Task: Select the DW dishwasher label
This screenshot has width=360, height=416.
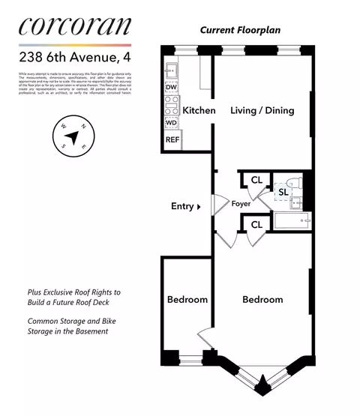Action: pos(171,87)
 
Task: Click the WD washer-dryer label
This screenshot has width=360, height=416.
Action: pos(171,122)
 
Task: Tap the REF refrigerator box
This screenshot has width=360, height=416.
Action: pos(172,139)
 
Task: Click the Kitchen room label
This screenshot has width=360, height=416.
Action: pos(199,110)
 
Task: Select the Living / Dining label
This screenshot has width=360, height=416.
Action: pos(261,110)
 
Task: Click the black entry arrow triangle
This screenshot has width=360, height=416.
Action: pos(199,206)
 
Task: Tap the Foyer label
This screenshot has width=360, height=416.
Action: pos(241,203)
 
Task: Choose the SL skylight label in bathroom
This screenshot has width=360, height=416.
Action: pos(283,192)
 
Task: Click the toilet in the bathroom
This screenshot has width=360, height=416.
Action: pos(294,183)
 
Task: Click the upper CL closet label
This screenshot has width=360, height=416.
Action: pos(256,180)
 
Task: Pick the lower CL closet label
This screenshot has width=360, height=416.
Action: pos(256,224)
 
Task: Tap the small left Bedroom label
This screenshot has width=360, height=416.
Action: pos(187,300)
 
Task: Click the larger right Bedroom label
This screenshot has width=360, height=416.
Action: pos(262,300)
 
